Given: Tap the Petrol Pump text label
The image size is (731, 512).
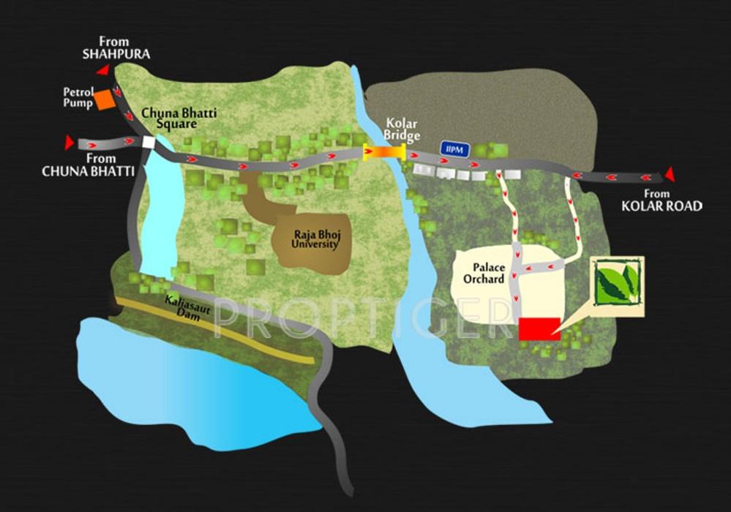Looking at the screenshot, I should tap(78, 98).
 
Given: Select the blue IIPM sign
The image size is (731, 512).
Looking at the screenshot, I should tap(451, 148).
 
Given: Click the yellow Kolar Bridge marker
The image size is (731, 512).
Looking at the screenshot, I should tap(384, 152).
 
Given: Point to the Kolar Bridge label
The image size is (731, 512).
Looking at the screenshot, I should tap(402, 130).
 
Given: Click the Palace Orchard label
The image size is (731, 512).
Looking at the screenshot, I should tap(483, 274).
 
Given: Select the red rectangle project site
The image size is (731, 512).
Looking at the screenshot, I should tap(539, 328).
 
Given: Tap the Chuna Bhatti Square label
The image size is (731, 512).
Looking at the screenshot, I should tap(179, 118).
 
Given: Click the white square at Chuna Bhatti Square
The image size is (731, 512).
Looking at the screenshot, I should tap(149, 143).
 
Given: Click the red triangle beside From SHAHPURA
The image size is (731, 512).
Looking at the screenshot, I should tap(103, 70).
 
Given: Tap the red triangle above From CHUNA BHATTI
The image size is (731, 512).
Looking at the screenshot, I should tap(69, 142).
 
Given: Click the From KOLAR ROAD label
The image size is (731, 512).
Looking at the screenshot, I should tap(661, 200).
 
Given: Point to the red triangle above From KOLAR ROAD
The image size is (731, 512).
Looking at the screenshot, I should tap(668, 174).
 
